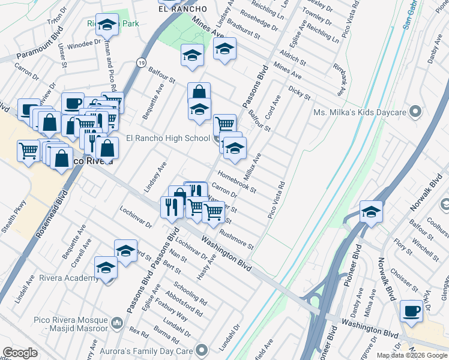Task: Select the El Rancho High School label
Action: click(x=168, y=139)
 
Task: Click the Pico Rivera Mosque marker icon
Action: click(x=116, y=323)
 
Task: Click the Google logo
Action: click(x=20, y=353)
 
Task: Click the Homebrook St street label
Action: click(x=237, y=182)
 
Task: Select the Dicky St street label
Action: click(x=299, y=92)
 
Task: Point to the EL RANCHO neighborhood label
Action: click(x=182, y=9)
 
